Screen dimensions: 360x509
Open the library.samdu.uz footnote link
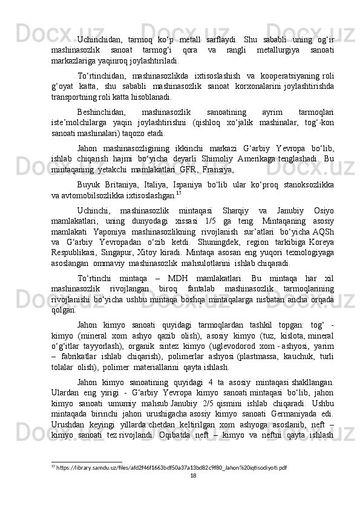[x=175, y=468]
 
